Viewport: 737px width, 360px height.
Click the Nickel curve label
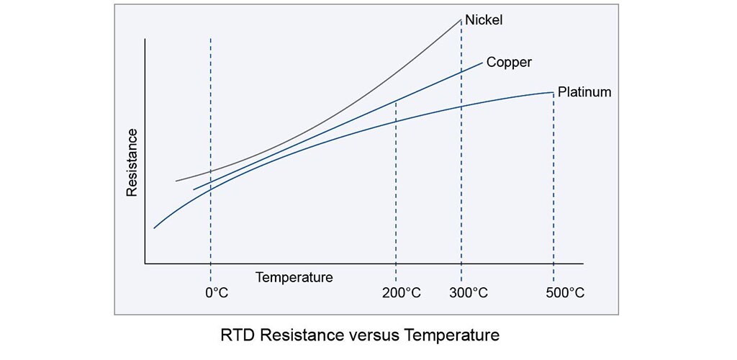tap(484, 19)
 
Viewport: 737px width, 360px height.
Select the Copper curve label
tap(509, 62)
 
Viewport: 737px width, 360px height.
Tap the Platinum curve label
tap(584, 92)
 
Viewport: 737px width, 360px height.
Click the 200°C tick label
tap(397, 294)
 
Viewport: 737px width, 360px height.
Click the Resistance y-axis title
tap(132, 163)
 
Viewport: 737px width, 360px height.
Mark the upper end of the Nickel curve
tap(461, 19)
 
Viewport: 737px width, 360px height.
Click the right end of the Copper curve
tap(482, 63)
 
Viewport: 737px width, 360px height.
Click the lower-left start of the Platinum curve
tap(154, 228)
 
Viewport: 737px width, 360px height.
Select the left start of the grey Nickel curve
tap(176, 181)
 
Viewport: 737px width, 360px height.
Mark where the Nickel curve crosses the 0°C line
tap(210, 171)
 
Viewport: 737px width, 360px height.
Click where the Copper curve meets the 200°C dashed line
tap(396, 101)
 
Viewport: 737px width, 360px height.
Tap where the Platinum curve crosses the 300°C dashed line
tap(461, 106)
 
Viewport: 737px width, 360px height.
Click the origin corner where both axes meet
tap(145, 264)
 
